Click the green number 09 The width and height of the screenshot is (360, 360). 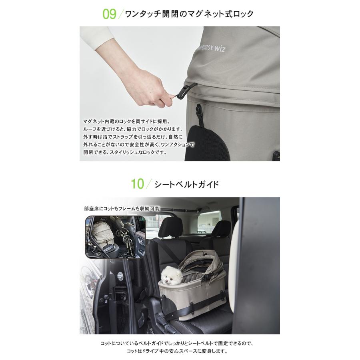[109, 14]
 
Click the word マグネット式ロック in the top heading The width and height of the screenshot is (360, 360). [223, 14]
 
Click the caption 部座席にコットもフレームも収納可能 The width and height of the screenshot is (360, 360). [122, 208]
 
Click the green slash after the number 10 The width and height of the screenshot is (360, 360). [149, 184]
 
